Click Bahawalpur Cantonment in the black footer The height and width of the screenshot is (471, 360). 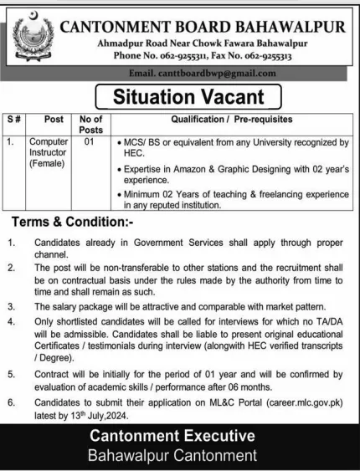tap(180, 458)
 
